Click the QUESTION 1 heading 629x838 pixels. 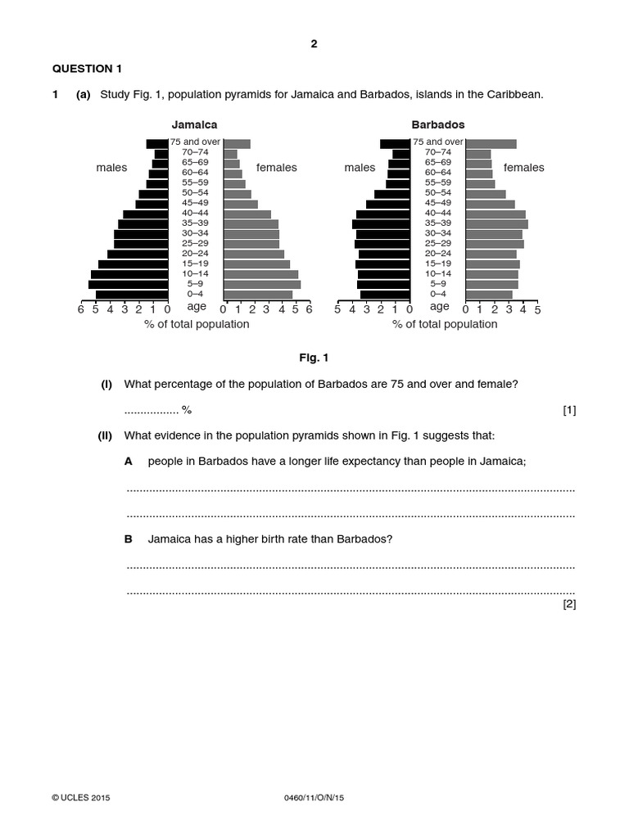pos(87,69)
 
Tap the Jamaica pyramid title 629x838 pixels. pos(194,125)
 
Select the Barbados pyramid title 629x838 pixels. pos(437,125)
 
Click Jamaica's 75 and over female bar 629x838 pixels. pos(237,144)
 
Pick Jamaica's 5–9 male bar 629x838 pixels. pos(128,284)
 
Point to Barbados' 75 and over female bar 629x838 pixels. pos(491,144)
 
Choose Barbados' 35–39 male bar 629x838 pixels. pos(381,223)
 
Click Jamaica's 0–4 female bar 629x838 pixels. pos(258,295)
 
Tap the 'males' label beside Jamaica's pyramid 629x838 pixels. pos(111,168)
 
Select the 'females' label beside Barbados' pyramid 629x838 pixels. pos(523,168)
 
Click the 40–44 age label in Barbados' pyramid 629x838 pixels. pos(438,213)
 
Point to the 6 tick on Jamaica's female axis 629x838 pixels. pos(309,309)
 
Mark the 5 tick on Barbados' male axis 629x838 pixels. pos(338,309)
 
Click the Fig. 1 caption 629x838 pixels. pos(314,358)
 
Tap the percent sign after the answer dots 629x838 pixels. pos(187,410)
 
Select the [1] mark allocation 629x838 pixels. pos(569,410)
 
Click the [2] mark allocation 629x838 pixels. pos(569,604)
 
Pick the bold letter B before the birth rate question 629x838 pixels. pos(129,539)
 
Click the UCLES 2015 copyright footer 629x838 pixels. pos(80,797)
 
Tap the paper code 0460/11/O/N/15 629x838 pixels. pos(313,797)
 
